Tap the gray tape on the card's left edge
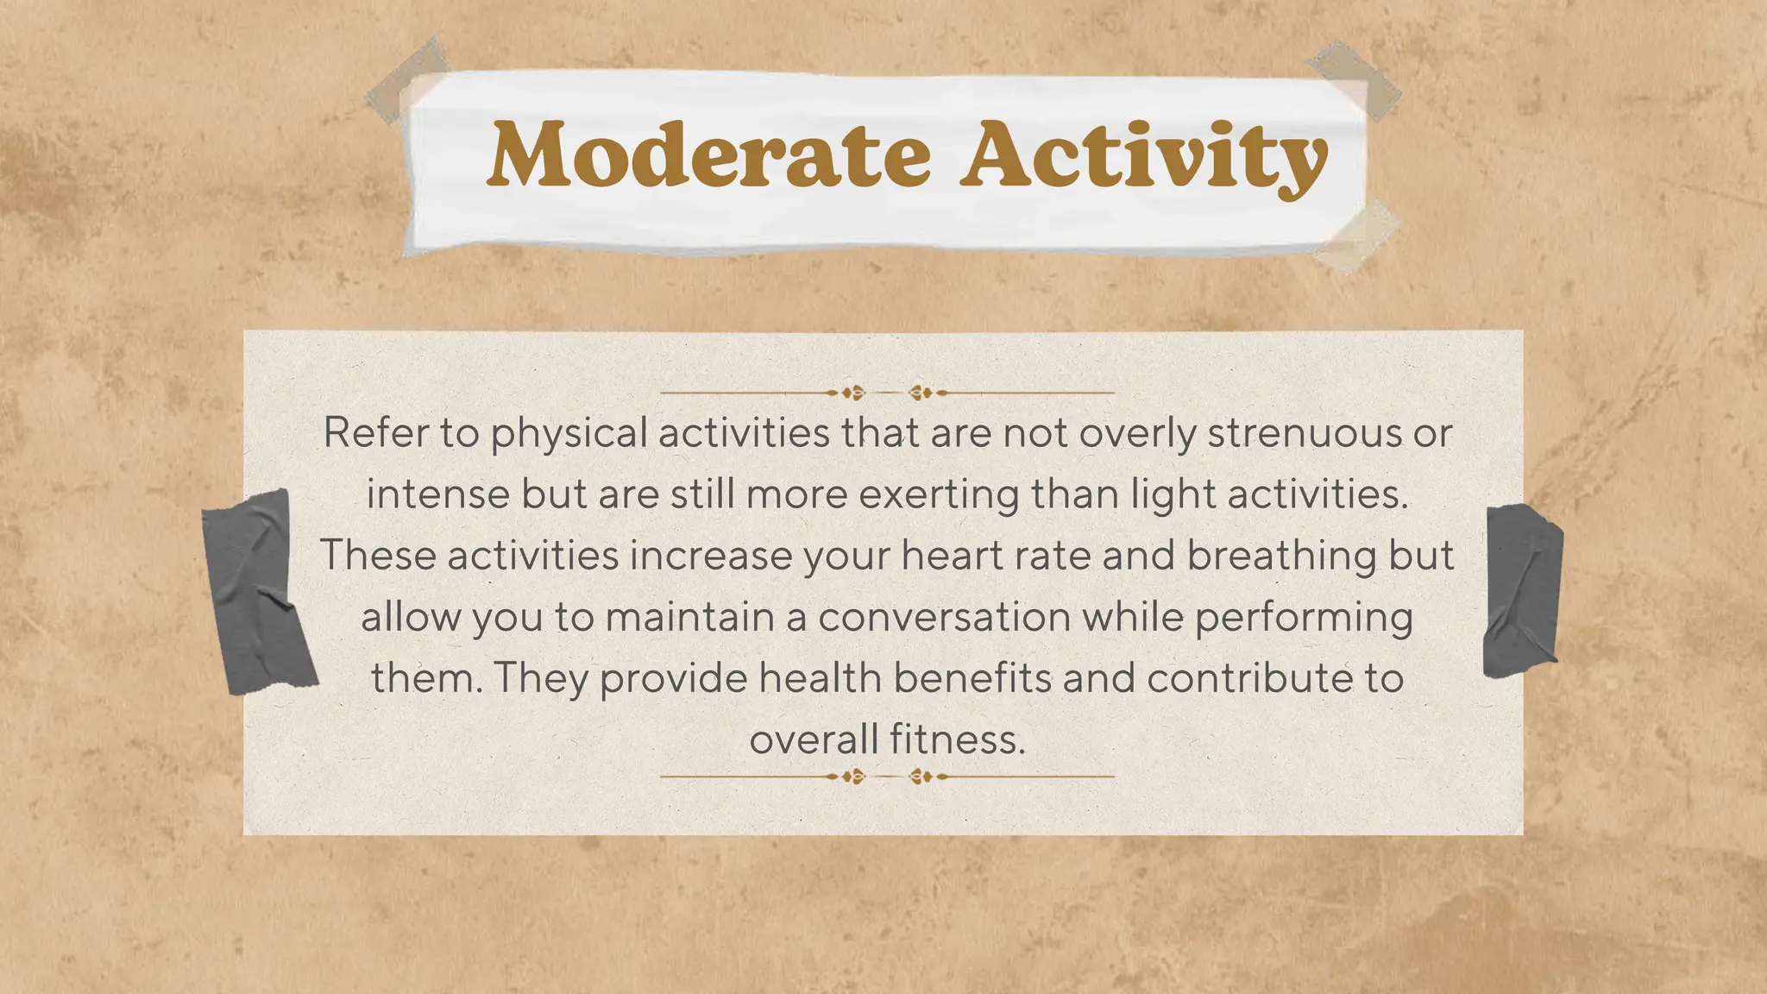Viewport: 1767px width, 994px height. coord(257,592)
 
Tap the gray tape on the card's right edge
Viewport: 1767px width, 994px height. coord(1522,592)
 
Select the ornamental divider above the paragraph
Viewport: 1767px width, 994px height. coord(887,393)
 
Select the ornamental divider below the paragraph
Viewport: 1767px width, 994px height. coord(887,777)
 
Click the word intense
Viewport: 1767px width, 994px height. coord(438,494)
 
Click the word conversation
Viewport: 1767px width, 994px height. coord(944,617)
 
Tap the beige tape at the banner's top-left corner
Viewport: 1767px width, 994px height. coord(408,79)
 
